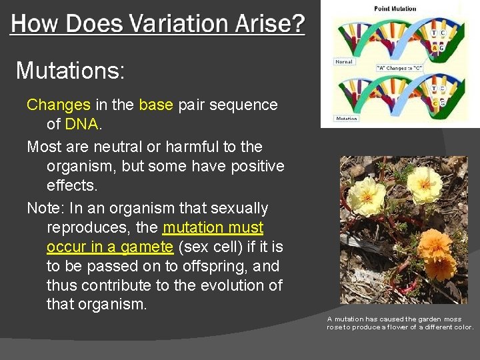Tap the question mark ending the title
pyautogui.click(x=295, y=25)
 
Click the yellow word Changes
pyautogui.click(x=58, y=105)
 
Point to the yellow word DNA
pyautogui.click(x=82, y=124)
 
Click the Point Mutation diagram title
pyautogui.click(x=395, y=9)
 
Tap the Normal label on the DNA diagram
pyautogui.click(x=344, y=61)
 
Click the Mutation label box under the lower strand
pyautogui.click(x=346, y=119)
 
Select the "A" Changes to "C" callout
pyautogui.click(x=399, y=68)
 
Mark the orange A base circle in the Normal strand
pyautogui.click(x=435, y=48)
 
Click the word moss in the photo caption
pyautogui.click(x=453, y=319)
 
